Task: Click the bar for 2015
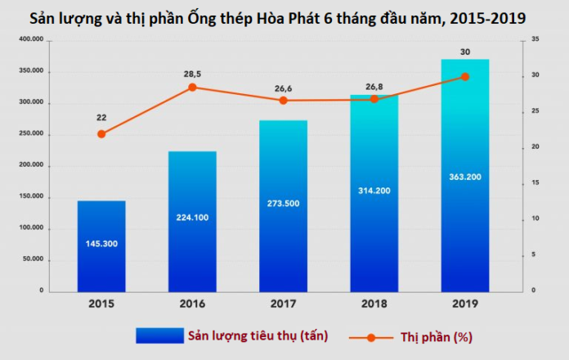tap(101, 245)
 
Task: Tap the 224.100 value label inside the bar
tap(192, 218)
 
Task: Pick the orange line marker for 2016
tap(192, 87)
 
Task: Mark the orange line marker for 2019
tap(465, 76)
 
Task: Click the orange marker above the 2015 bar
tap(101, 133)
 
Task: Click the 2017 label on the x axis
tap(283, 304)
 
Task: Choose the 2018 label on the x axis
tap(374, 304)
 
